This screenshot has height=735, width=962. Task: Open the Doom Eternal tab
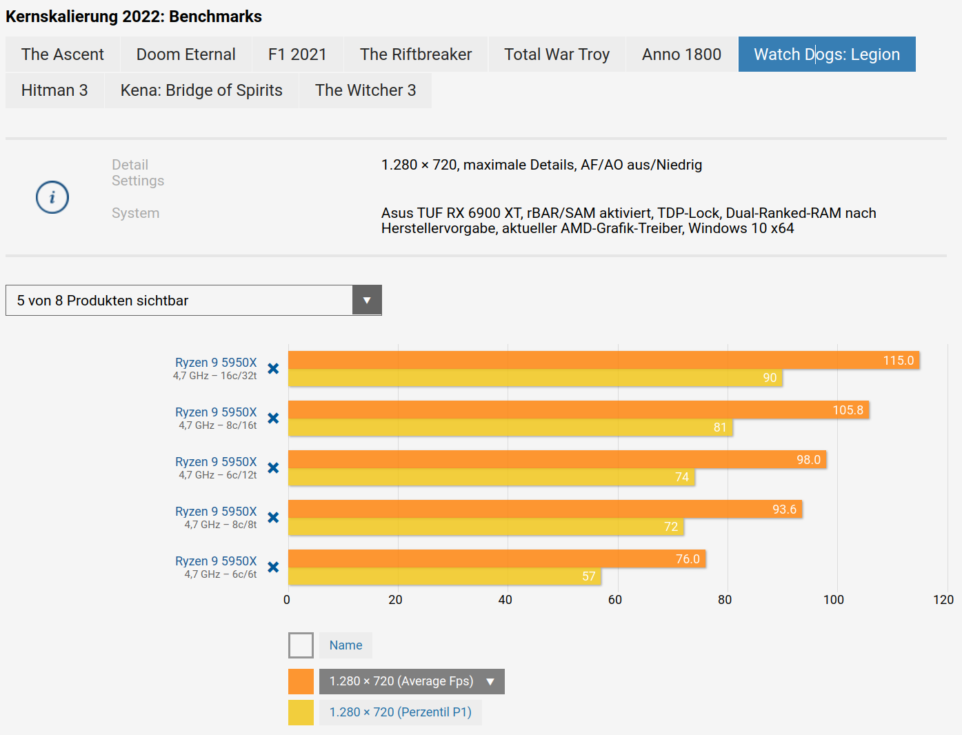coord(186,54)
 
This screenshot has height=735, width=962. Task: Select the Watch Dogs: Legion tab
coord(826,54)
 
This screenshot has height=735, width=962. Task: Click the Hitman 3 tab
coord(54,90)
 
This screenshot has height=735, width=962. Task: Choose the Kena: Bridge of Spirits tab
coord(201,90)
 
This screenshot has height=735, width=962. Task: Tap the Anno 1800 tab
coord(681,54)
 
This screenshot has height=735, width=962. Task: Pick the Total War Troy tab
coord(557,54)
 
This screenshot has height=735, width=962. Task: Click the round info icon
coord(52,197)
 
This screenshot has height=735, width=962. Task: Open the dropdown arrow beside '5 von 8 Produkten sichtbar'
coord(367,301)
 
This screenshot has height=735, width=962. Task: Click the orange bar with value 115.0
coord(603,360)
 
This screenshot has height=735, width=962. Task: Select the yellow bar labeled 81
coord(510,427)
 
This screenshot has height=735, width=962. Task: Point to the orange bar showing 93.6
coord(545,509)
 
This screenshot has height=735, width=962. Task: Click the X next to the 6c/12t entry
coord(273,467)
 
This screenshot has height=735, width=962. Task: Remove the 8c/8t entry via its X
coord(273,517)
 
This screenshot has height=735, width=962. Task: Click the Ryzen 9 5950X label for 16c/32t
coord(215,363)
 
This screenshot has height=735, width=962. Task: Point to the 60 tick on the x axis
coord(615,600)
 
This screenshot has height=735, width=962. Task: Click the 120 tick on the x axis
coord(943,600)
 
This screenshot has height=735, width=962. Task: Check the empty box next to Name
coord(301,645)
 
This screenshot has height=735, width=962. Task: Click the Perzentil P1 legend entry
coord(400,712)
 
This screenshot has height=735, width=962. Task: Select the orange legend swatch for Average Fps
coord(301,681)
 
